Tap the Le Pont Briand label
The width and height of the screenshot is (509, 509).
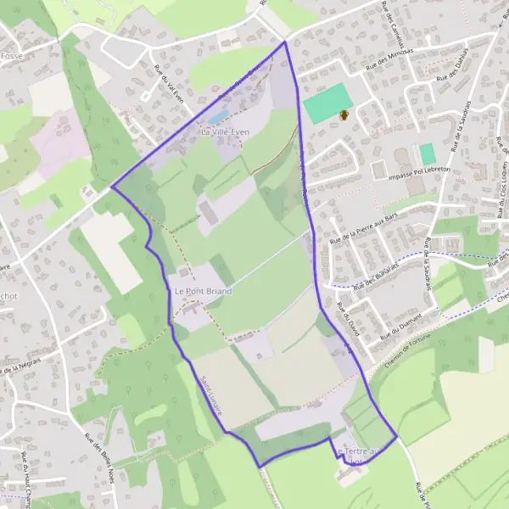point(203,291)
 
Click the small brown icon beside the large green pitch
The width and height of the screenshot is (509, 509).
point(344,115)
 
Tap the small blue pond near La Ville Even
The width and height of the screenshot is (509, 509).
point(218,116)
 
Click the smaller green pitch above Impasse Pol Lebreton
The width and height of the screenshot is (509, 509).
point(428,154)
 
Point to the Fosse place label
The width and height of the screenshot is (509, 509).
point(11,56)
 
